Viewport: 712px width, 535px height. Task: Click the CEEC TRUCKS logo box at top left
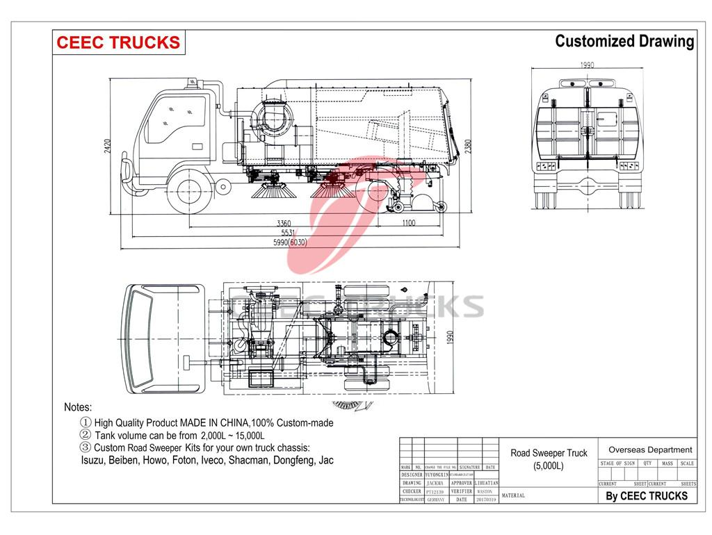[118, 42]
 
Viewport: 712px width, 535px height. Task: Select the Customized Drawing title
[624, 42]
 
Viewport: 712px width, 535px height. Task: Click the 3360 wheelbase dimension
[283, 223]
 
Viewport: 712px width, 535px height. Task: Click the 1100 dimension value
[407, 223]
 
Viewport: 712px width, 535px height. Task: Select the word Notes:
[78, 407]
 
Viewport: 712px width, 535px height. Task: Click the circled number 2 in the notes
[86, 435]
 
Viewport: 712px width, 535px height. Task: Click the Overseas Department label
[650, 450]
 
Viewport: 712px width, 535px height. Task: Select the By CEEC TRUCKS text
[647, 495]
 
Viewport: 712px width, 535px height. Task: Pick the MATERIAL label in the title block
[512, 495]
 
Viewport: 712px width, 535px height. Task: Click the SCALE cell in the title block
[687, 463]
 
